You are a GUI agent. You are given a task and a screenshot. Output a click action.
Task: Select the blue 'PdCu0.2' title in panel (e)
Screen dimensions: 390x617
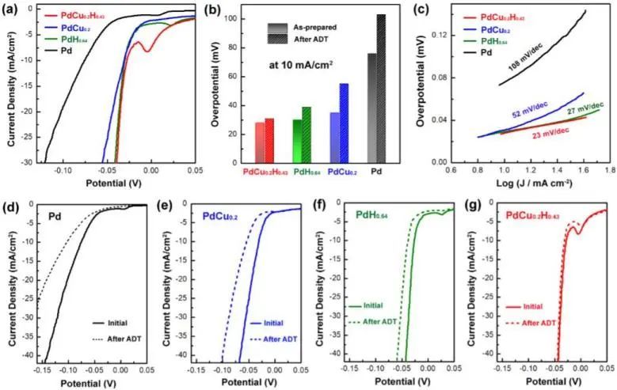202,214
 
